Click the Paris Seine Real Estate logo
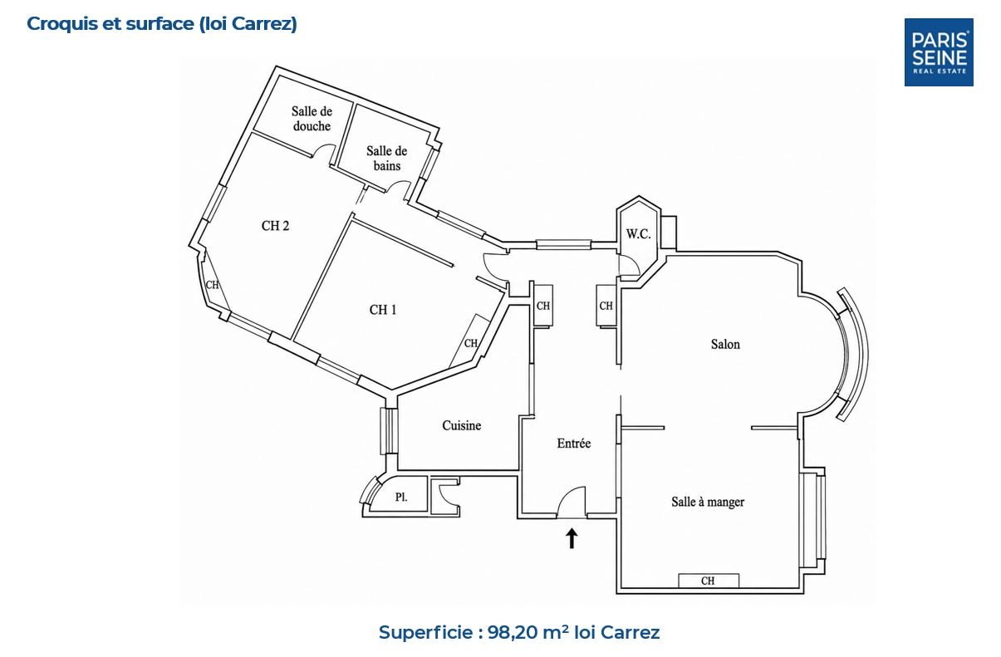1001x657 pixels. pos(939,52)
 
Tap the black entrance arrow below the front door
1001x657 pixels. pos(572,537)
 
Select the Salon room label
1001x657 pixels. pos(725,344)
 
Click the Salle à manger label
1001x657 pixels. pos(708,502)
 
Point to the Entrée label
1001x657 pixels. pos(574,443)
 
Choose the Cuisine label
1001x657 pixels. pos(462,425)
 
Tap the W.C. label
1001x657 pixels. pos(638,233)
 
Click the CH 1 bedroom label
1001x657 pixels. pos(383,310)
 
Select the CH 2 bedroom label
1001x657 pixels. pos(275,226)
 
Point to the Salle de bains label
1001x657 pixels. pos(386,158)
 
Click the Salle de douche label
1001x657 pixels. pos(312,119)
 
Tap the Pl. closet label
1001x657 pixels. pos(401,497)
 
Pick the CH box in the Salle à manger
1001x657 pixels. pos(709,581)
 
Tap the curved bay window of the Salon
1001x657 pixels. pos(853,354)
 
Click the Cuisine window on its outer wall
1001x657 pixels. pos(389,431)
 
